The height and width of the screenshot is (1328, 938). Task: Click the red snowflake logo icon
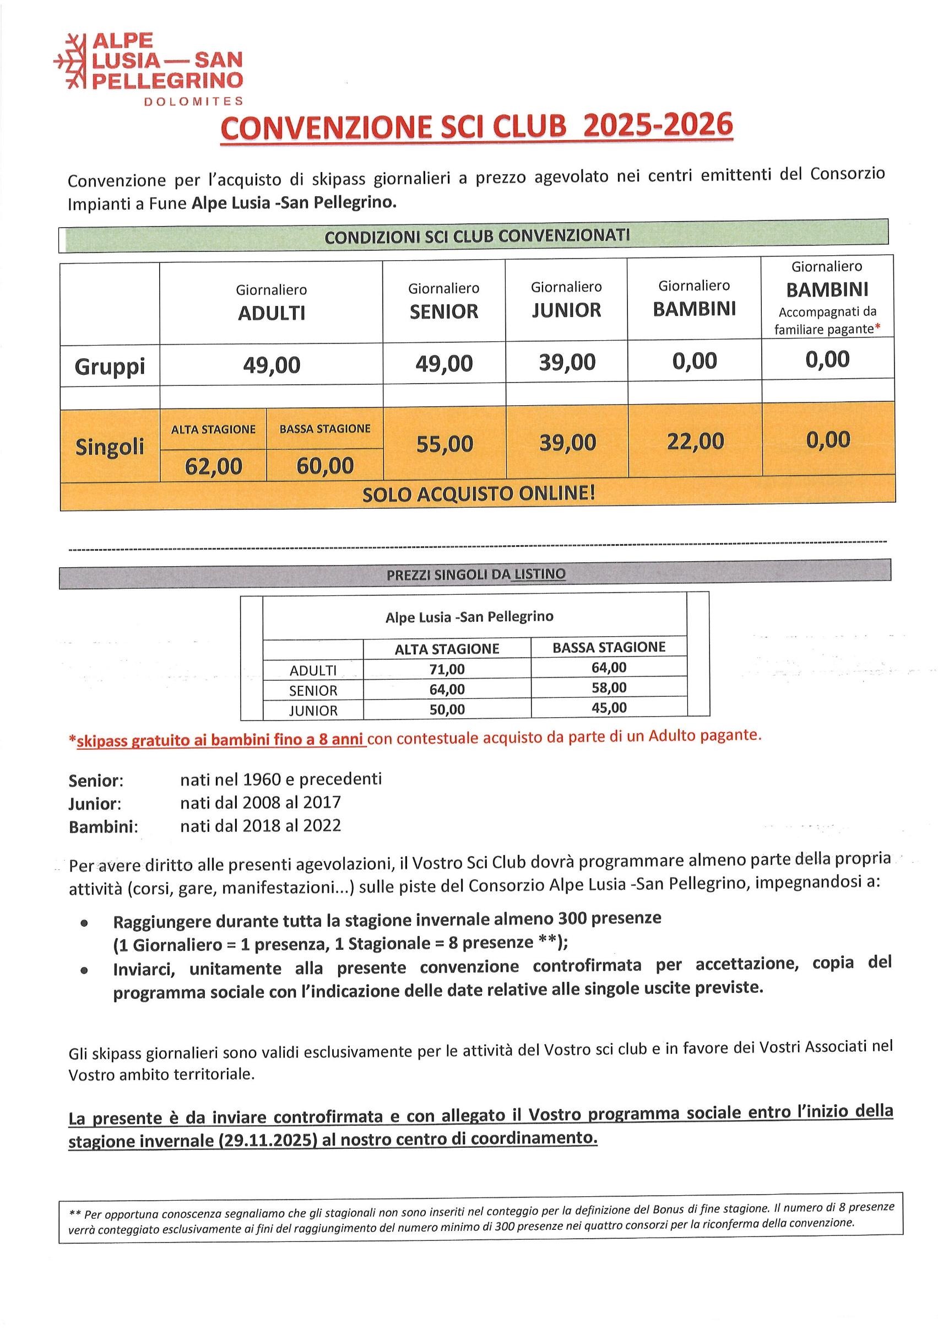(69, 61)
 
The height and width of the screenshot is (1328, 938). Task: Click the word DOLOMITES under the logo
(193, 101)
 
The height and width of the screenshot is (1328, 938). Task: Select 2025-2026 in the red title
(658, 126)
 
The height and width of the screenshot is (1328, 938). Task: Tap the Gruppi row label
(109, 366)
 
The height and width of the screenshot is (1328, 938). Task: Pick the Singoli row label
(109, 447)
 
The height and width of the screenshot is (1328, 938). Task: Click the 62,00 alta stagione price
(213, 466)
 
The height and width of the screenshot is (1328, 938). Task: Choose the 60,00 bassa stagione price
(325, 466)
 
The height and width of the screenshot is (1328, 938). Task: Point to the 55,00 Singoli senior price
(444, 444)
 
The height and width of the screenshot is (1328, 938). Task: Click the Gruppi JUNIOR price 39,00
(567, 362)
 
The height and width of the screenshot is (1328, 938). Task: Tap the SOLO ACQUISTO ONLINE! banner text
(479, 494)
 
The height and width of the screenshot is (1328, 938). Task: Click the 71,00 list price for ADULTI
(447, 669)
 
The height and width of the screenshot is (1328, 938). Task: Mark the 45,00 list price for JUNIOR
(609, 707)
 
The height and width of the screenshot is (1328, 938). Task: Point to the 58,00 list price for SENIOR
(609, 688)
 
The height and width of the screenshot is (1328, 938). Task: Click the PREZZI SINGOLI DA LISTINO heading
(476, 574)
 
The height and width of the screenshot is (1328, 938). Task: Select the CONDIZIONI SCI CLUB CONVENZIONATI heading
(477, 236)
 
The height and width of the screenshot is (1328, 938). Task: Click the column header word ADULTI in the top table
(271, 313)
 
